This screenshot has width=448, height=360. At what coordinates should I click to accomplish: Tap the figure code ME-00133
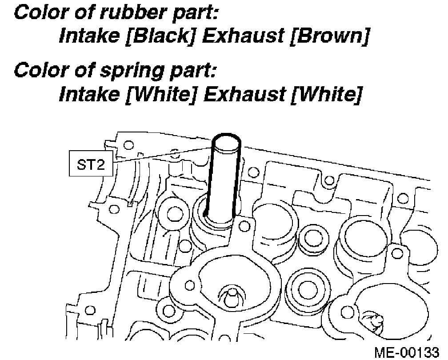(407, 352)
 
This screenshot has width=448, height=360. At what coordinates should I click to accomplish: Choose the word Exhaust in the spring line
(244, 94)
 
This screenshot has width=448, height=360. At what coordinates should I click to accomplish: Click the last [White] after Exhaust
(326, 94)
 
